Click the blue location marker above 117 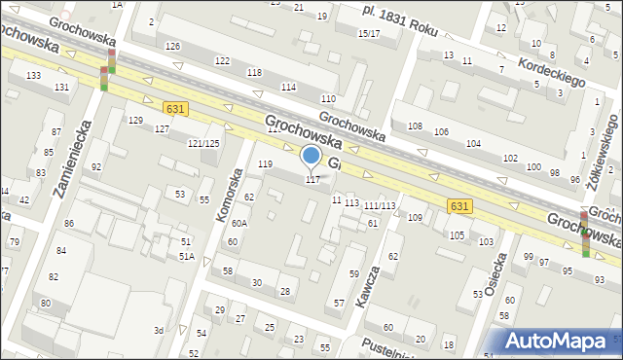point(311,156)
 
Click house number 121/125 point(203,143)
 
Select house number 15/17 point(369,34)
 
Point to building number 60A point(238,224)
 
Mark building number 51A point(185,256)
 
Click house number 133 point(33,75)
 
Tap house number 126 point(173,47)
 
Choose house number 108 point(415,126)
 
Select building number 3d point(158,331)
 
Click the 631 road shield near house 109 point(460,206)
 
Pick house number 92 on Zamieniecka point(95,167)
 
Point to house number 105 point(457,235)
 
